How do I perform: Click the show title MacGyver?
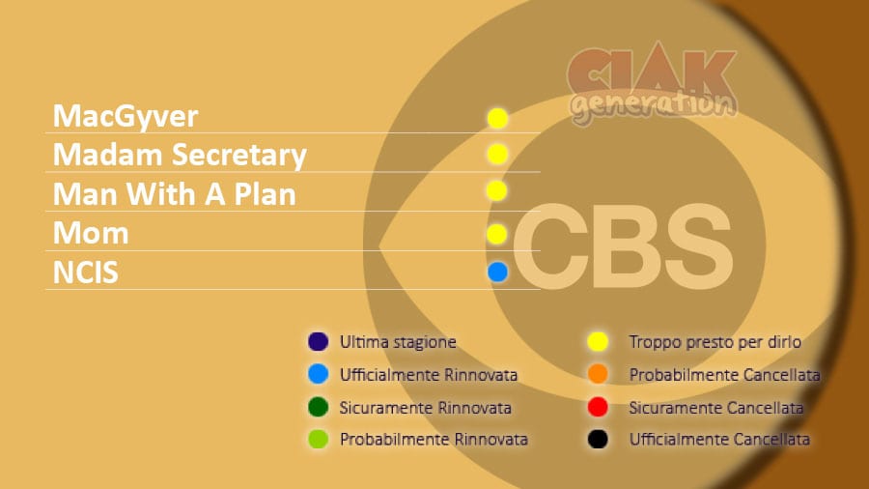[x=126, y=117]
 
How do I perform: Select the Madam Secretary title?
[x=180, y=155]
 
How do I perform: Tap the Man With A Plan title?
[x=175, y=194]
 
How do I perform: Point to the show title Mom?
[x=91, y=233]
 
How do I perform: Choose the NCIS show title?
[x=85, y=273]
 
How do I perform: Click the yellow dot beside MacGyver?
[x=497, y=118]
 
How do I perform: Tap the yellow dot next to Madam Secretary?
[x=497, y=154]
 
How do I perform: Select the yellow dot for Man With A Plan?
[x=496, y=190]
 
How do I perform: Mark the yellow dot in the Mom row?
[x=496, y=234]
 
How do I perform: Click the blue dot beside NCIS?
[x=497, y=272]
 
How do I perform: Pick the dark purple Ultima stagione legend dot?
[x=318, y=341]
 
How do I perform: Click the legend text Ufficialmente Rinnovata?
[x=429, y=375]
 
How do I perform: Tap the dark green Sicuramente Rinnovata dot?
[x=318, y=407]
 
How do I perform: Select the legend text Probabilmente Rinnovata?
[x=434, y=439]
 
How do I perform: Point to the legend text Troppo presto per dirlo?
[x=715, y=342]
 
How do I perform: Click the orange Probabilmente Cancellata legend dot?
[x=598, y=374]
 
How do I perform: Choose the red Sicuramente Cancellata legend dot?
[x=598, y=407]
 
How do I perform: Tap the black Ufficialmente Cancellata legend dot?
[x=598, y=439]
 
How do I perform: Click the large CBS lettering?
[x=623, y=246]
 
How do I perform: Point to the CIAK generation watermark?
[x=653, y=83]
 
